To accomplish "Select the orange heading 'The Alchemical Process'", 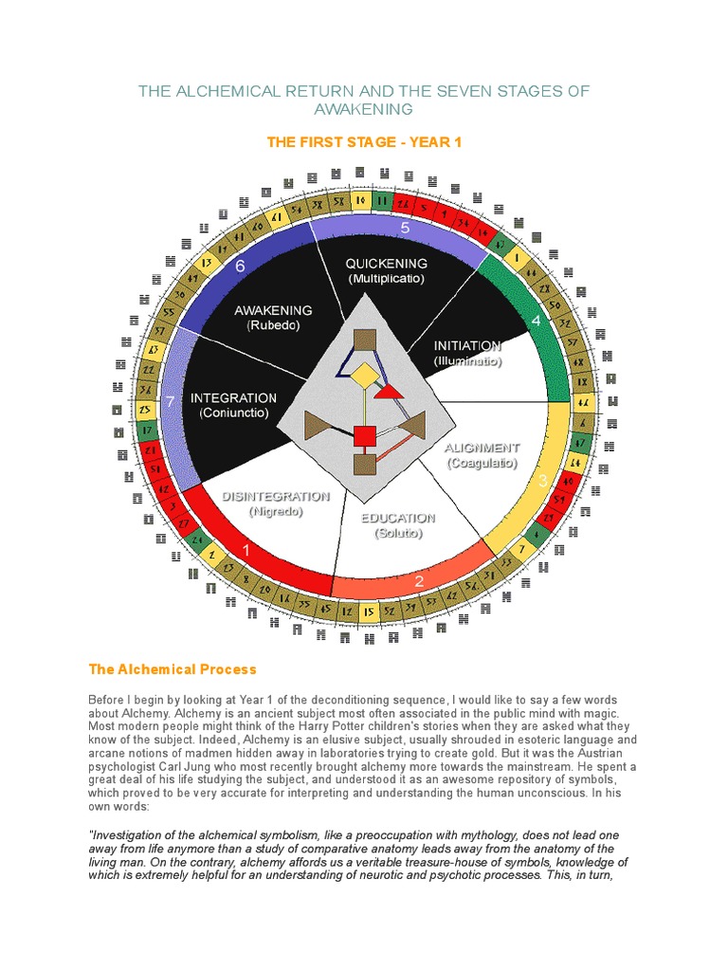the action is (x=173, y=669).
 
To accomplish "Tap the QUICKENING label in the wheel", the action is (x=386, y=263).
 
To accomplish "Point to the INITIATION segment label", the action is (x=466, y=346).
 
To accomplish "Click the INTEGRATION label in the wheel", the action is (x=233, y=398).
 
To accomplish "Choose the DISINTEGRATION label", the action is (x=276, y=496).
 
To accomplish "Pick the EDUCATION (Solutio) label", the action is (x=397, y=519).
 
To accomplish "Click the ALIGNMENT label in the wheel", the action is (x=482, y=448).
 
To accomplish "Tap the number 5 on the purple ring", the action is (x=405, y=228).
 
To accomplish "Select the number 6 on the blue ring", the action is (x=240, y=266).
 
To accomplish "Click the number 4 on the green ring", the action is (x=537, y=321).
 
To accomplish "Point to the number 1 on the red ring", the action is (x=246, y=549).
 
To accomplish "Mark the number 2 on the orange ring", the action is (x=419, y=581).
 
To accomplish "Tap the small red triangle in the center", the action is (x=389, y=391).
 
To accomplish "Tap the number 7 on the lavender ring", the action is (x=169, y=402).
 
